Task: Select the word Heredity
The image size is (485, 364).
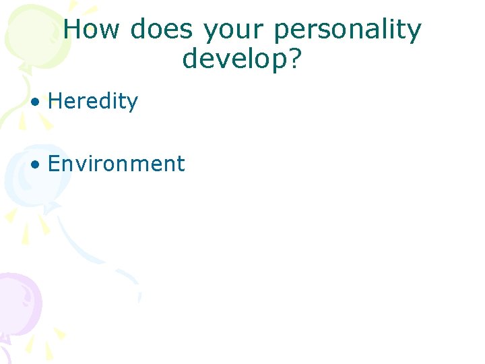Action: tap(93, 102)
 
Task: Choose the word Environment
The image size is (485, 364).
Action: tap(116, 164)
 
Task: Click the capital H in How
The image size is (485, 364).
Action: tap(73, 30)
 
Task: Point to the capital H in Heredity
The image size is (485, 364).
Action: tap(56, 102)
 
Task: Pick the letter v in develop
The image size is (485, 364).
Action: tap(226, 60)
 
